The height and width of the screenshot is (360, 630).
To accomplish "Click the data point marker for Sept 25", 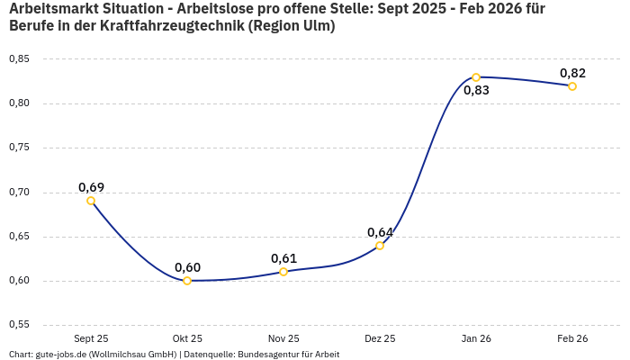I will [x=91, y=201].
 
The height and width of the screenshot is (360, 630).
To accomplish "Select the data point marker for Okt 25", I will [x=187, y=281].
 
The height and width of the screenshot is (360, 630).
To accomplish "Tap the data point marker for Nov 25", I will [x=283, y=272].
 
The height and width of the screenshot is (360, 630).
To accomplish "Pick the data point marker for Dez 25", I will [x=380, y=245].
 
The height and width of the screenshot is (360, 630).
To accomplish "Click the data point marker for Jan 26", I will [x=476, y=77].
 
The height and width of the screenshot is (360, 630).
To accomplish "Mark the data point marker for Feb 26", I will [x=572, y=86].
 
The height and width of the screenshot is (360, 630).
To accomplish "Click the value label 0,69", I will [x=91, y=187].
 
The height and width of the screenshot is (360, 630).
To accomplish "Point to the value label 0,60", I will [x=187, y=267].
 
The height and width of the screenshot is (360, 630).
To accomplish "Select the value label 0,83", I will [x=476, y=90].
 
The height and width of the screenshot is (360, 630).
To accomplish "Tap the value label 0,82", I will [x=572, y=73].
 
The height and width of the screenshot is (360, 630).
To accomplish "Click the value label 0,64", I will [x=380, y=232].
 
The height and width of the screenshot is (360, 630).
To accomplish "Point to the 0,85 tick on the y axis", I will [x=19, y=59].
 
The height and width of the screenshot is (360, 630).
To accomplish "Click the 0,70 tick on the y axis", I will [x=19, y=193].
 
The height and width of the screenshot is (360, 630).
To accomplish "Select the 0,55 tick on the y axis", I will [x=19, y=325].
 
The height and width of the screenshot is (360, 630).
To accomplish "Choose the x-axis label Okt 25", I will [x=187, y=339].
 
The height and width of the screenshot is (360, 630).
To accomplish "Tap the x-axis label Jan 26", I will [x=476, y=339].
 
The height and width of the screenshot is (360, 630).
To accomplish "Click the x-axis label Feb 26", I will [x=572, y=339].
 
